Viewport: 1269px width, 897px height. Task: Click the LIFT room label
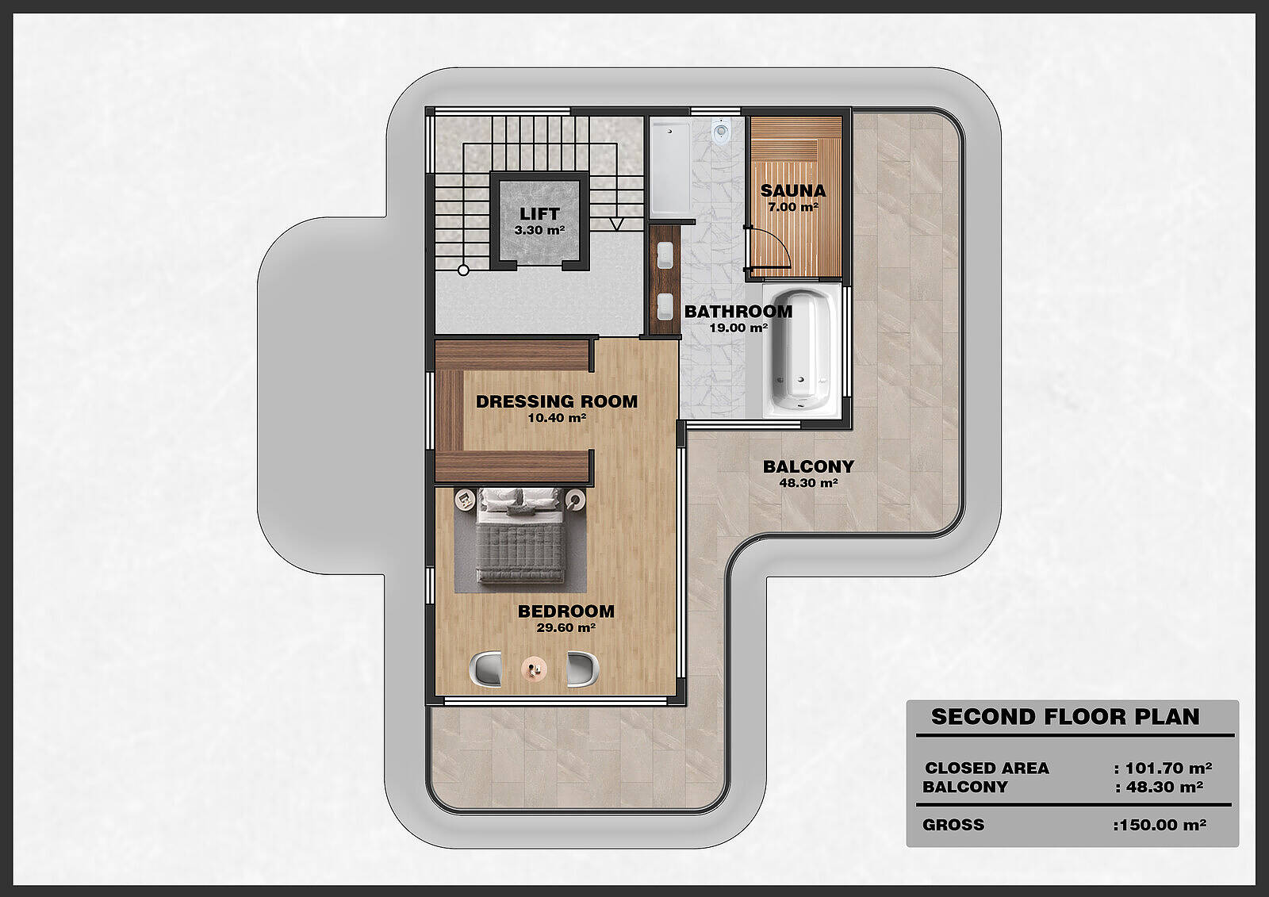[x=539, y=213]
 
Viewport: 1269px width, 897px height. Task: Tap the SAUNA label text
[x=793, y=190]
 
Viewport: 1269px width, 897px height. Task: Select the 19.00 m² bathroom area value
[x=738, y=328]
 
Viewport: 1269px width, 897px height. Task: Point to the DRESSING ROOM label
[x=557, y=401]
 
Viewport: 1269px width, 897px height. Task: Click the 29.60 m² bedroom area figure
[x=566, y=627]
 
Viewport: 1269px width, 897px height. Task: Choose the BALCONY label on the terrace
[x=808, y=466]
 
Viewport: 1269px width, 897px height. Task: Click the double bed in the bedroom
[x=520, y=535]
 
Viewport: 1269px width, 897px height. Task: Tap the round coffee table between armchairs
[x=534, y=669]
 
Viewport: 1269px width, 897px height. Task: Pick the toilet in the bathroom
[x=721, y=132]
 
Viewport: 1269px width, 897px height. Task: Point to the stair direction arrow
[x=616, y=223]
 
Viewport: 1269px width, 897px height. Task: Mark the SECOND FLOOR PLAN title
[x=1065, y=717]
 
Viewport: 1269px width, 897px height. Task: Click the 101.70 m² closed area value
[x=1168, y=768]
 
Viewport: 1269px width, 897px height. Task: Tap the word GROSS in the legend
[x=953, y=825]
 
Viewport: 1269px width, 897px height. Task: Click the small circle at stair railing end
[x=463, y=270]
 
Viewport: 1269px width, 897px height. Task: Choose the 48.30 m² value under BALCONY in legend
[x=1165, y=787]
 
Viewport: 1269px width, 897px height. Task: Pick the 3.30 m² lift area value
[x=539, y=230]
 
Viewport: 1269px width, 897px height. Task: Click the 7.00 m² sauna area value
[x=793, y=207]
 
